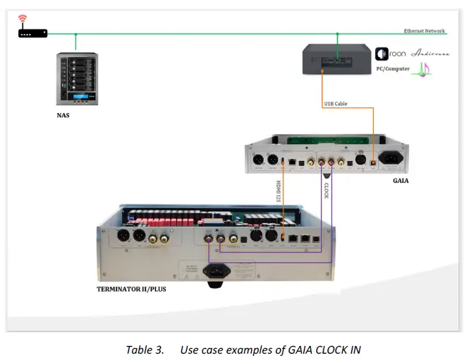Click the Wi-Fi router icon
click(x=32, y=29)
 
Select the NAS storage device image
click(x=77, y=79)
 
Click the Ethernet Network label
click(x=425, y=31)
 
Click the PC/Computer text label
click(x=392, y=68)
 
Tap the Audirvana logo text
click(x=432, y=54)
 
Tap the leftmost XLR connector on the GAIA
click(x=258, y=161)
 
